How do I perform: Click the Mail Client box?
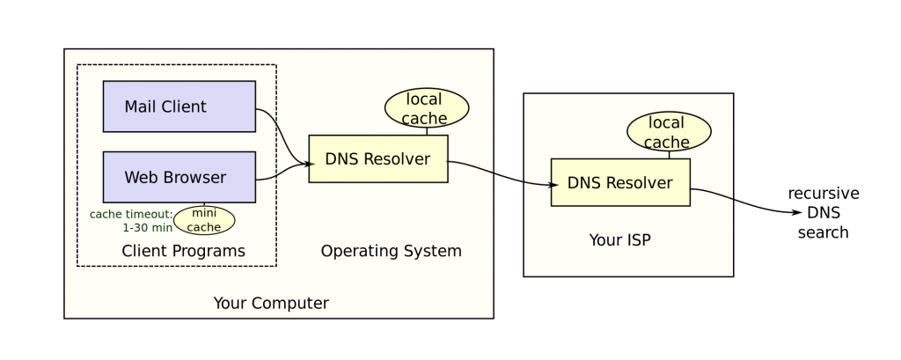(x=179, y=107)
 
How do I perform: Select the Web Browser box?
(x=179, y=177)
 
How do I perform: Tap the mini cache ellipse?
(x=204, y=220)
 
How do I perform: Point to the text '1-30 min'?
(x=147, y=228)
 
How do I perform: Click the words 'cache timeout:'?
(x=131, y=215)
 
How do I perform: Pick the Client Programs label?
(x=183, y=252)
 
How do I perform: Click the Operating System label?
(x=391, y=252)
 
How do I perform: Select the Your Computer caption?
(x=271, y=304)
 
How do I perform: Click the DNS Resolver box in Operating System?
(x=377, y=159)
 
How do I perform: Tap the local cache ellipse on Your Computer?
(x=427, y=108)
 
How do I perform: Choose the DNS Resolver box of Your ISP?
(x=620, y=183)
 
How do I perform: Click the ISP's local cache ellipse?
(x=669, y=132)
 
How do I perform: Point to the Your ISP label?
(x=619, y=240)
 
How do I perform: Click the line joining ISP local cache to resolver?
(x=669, y=155)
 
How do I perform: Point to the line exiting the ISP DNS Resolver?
(x=713, y=192)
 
